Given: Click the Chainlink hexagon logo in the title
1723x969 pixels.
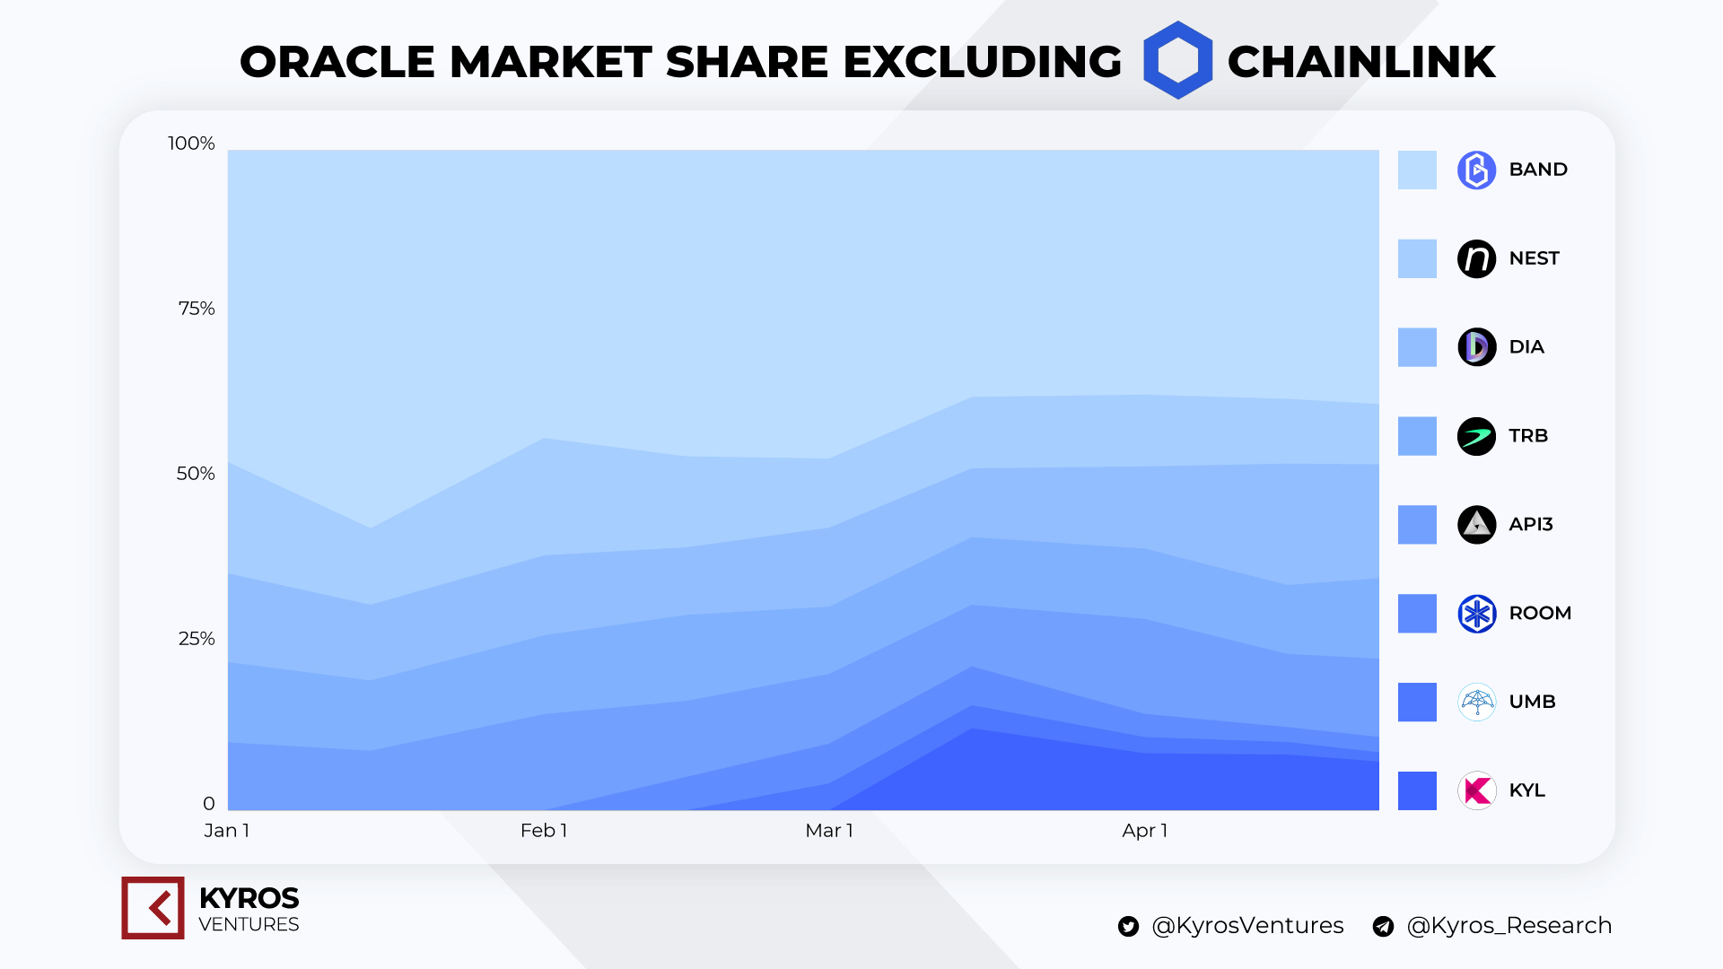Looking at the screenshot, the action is (x=1177, y=60).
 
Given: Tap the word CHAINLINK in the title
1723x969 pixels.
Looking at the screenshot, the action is (x=1360, y=62).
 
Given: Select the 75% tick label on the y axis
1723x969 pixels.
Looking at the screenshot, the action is (x=197, y=309).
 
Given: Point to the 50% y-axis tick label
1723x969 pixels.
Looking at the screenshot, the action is (x=196, y=474).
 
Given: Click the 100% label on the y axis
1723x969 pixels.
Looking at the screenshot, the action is (x=191, y=144).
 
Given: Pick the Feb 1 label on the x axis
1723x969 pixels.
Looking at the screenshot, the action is (x=544, y=831).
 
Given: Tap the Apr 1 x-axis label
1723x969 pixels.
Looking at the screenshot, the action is (x=1144, y=831).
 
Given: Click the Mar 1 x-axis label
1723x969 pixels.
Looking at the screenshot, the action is (x=829, y=831).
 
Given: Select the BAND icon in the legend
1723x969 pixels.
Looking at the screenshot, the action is (x=1476, y=170).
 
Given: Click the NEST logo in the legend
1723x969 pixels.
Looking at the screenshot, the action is (x=1476, y=258).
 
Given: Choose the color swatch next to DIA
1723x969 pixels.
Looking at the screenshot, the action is (x=1417, y=347).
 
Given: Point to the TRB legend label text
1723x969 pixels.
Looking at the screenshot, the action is (x=1528, y=436).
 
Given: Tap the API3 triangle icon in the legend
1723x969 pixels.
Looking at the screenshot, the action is (x=1476, y=525).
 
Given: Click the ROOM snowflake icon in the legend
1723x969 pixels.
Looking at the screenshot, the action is (x=1476, y=614).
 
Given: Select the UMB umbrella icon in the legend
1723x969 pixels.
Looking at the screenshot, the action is (x=1476, y=703).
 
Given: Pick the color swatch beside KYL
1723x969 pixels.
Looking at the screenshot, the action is (x=1417, y=790).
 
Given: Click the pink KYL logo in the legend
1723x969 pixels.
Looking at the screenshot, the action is (x=1476, y=790).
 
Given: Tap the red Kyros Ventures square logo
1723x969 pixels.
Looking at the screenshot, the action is (x=153, y=908).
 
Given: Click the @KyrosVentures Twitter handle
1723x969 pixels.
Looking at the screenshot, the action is (x=1247, y=926).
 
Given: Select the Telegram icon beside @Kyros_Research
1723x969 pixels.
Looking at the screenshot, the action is (x=1383, y=927).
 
